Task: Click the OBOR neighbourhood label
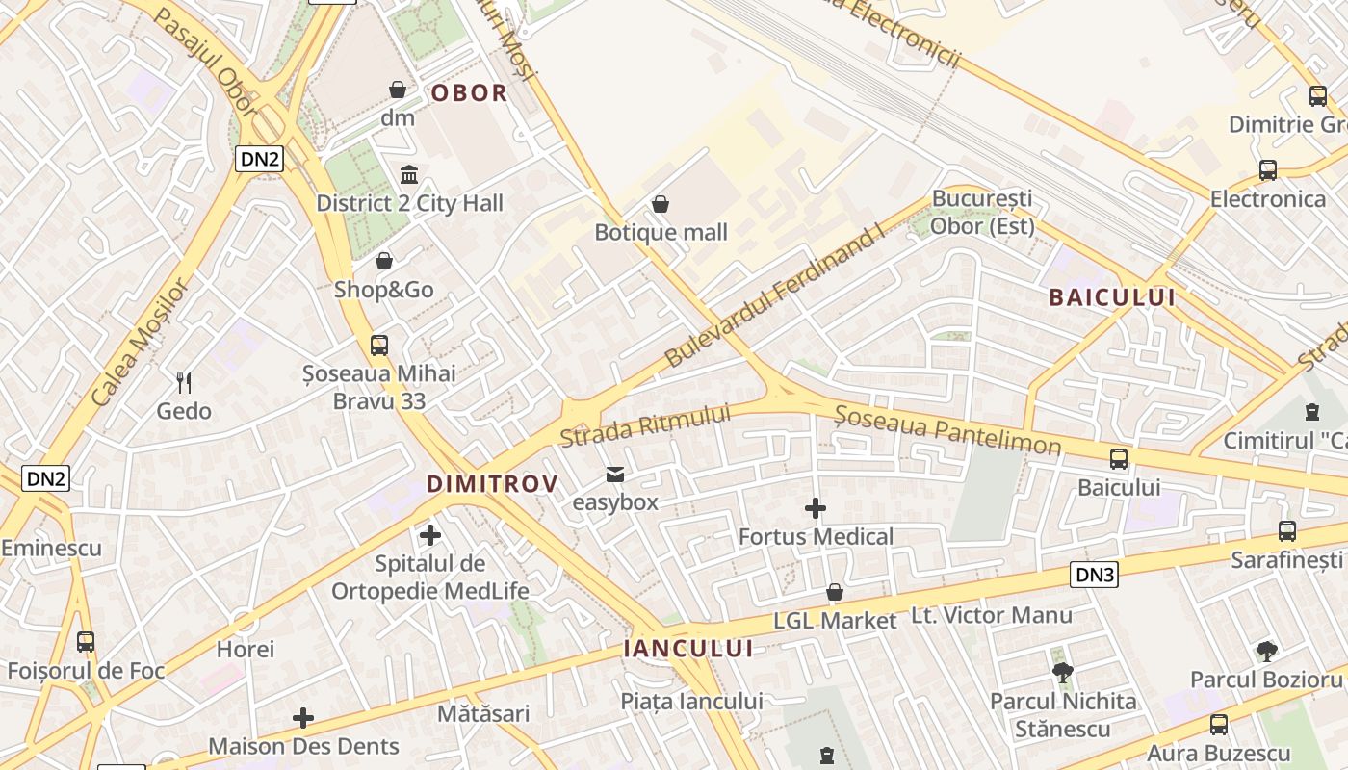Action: tap(469, 93)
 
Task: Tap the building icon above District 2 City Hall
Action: tap(409, 175)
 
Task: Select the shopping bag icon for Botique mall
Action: tap(661, 204)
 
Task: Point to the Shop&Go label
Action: tap(383, 290)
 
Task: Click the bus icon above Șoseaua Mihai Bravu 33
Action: tap(379, 345)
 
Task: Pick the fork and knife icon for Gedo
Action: tap(184, 383)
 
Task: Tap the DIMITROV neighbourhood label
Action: tap(492, 483)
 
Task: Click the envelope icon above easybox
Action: tap(614, 475)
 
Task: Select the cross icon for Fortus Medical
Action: tap(816, 508)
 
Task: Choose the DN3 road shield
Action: tap(1095, 576)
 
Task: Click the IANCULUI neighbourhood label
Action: tap(687, 649)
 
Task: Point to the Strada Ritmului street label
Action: tap(645, 425)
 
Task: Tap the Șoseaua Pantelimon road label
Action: tap(947, 429)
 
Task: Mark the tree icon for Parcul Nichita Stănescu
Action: tap(1063, 672)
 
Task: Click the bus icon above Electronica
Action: tap(1268, 170)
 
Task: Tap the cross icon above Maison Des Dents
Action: tap(303, 718)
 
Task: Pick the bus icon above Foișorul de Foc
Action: tap(86, 642)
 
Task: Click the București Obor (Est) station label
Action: tap(982, 213)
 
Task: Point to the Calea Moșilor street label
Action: tap(138, 341)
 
